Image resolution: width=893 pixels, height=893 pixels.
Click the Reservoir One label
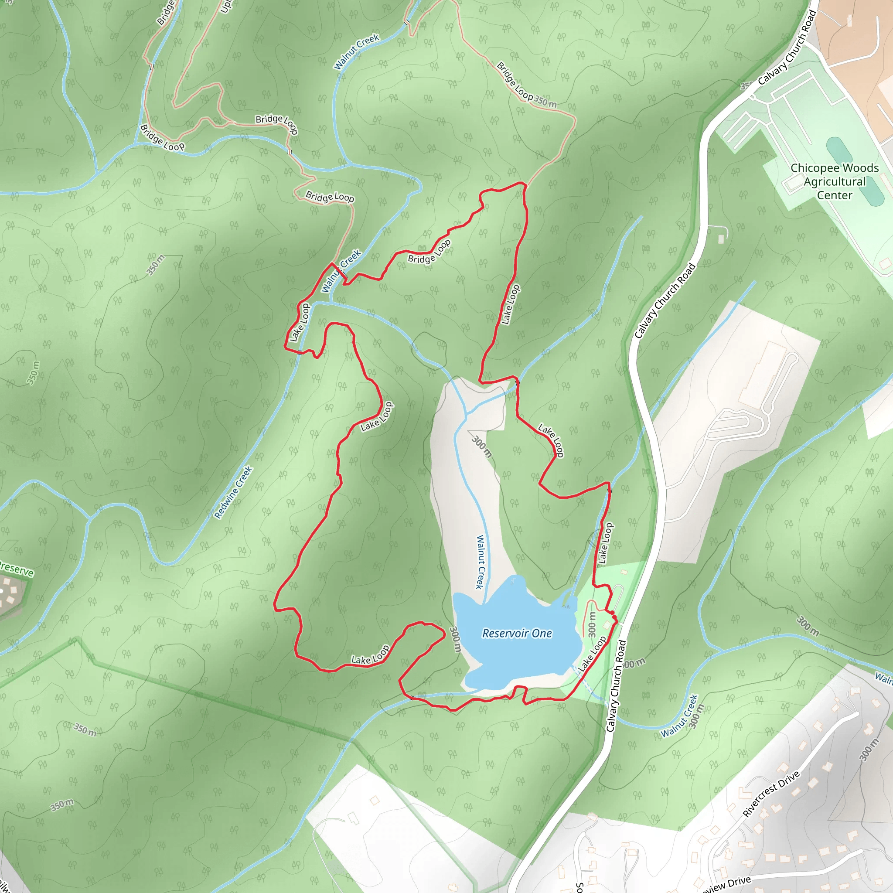[517, 633]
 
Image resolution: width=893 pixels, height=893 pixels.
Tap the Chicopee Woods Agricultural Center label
[834, 182]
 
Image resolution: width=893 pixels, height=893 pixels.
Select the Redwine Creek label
[233, 492]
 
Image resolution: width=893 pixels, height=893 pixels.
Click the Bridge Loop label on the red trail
[429, 252]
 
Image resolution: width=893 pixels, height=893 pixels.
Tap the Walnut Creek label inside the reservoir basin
[481, 562]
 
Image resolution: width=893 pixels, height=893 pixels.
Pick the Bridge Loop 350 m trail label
[526, 85]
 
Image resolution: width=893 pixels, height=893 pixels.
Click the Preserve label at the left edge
[17, 568]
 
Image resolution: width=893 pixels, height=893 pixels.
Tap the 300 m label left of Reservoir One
[455, 639]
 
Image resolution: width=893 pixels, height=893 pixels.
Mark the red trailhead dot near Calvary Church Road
[613, 613]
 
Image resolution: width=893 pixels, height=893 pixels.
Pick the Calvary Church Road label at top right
[787, 48]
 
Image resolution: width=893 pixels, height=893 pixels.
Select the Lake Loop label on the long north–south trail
[511, 304]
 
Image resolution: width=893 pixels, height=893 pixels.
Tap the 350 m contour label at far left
[32, 372]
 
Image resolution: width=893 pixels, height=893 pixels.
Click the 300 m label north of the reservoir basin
[482, 446]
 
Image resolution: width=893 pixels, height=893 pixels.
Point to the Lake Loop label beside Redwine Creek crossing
[300, 322]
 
